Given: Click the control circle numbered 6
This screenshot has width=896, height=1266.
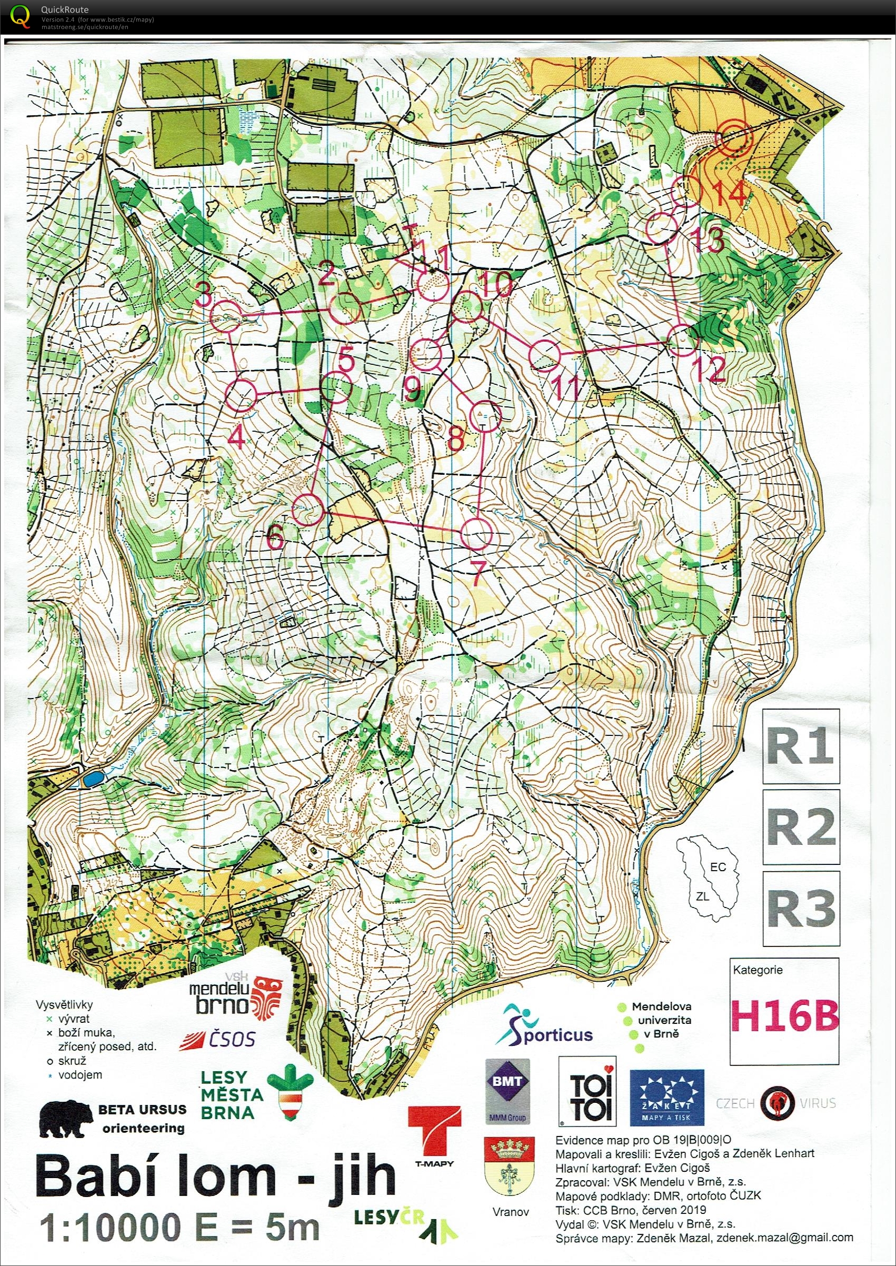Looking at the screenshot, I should pyautogui.click(x=307, y=509).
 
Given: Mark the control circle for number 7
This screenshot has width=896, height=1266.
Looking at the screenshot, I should pyautogui.click(x=475, y=533).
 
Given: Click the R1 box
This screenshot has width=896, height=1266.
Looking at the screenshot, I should pyautogui.click(x=801, y=746).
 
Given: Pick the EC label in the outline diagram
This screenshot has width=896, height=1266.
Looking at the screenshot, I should pyautogui.click(x=718, y=868).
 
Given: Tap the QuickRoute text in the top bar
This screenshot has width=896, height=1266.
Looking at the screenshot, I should pyautogui.click(x=65, y=9).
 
